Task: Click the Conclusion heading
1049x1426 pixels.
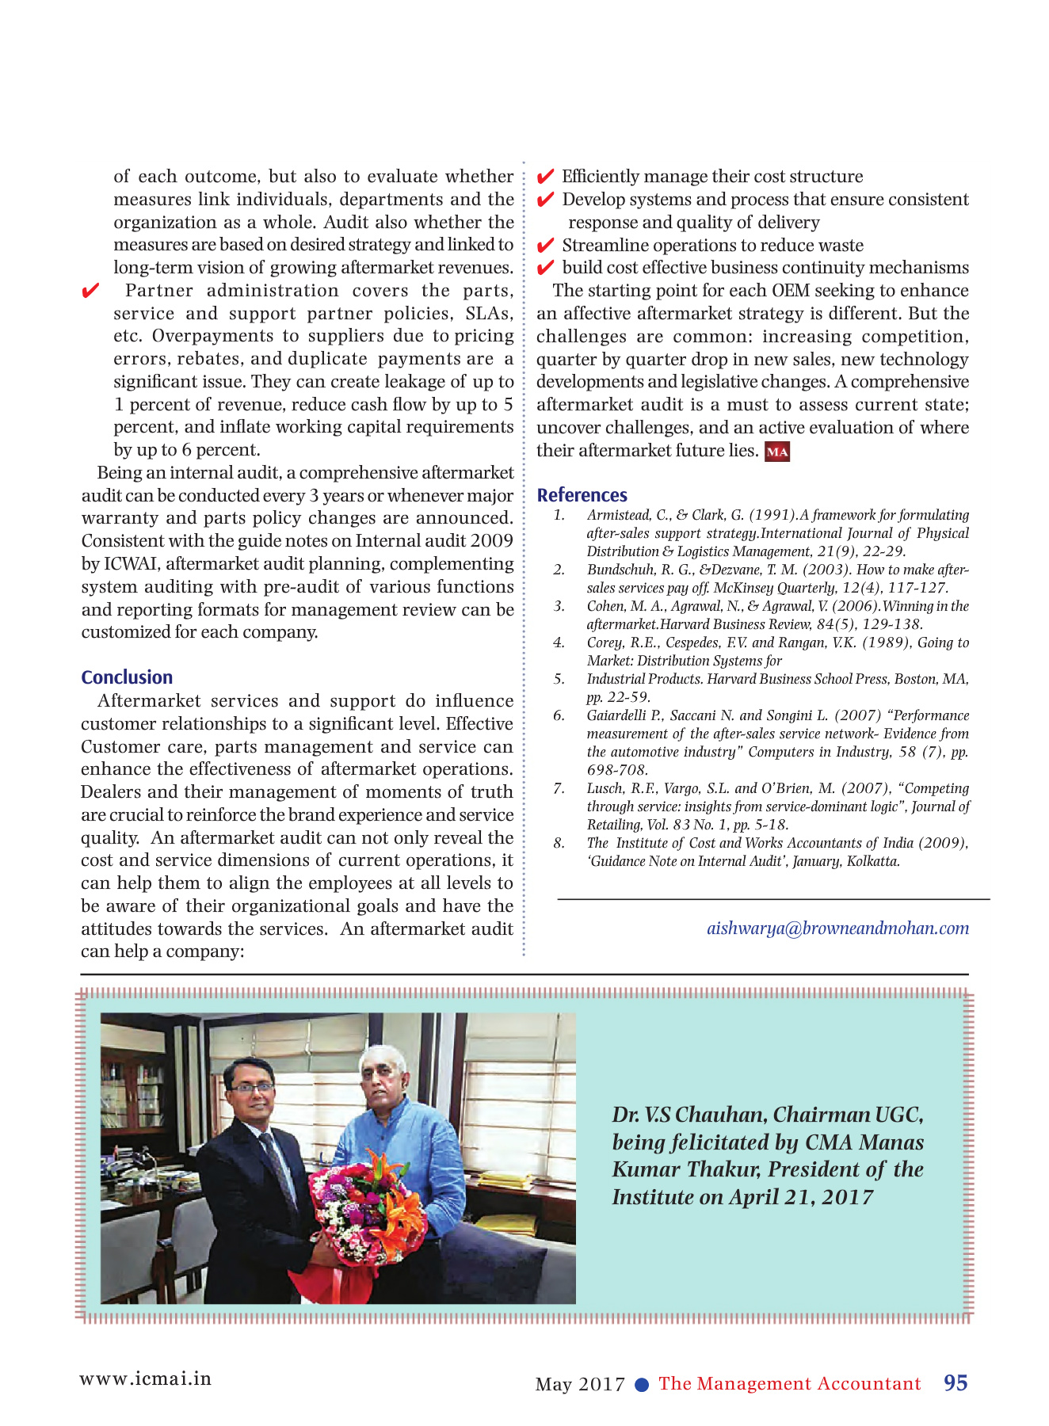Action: (127, 677)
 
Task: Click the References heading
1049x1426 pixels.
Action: (582, 495)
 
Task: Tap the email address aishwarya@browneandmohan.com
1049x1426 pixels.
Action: (837, 928)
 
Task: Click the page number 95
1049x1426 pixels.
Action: (956, 1383)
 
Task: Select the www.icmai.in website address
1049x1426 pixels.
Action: (145, 1378)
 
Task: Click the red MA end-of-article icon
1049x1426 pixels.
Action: (776, 452)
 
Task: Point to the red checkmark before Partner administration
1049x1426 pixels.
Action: (90, 292)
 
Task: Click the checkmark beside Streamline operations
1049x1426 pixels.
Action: (545, 246)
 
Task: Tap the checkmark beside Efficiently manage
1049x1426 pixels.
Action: (545, 177)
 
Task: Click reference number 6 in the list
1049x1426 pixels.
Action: (559, 715)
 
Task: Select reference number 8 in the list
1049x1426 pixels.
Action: (559, 843)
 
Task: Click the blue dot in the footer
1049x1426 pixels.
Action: (643, 1385)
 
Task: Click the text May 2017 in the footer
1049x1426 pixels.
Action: (580, 1384)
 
